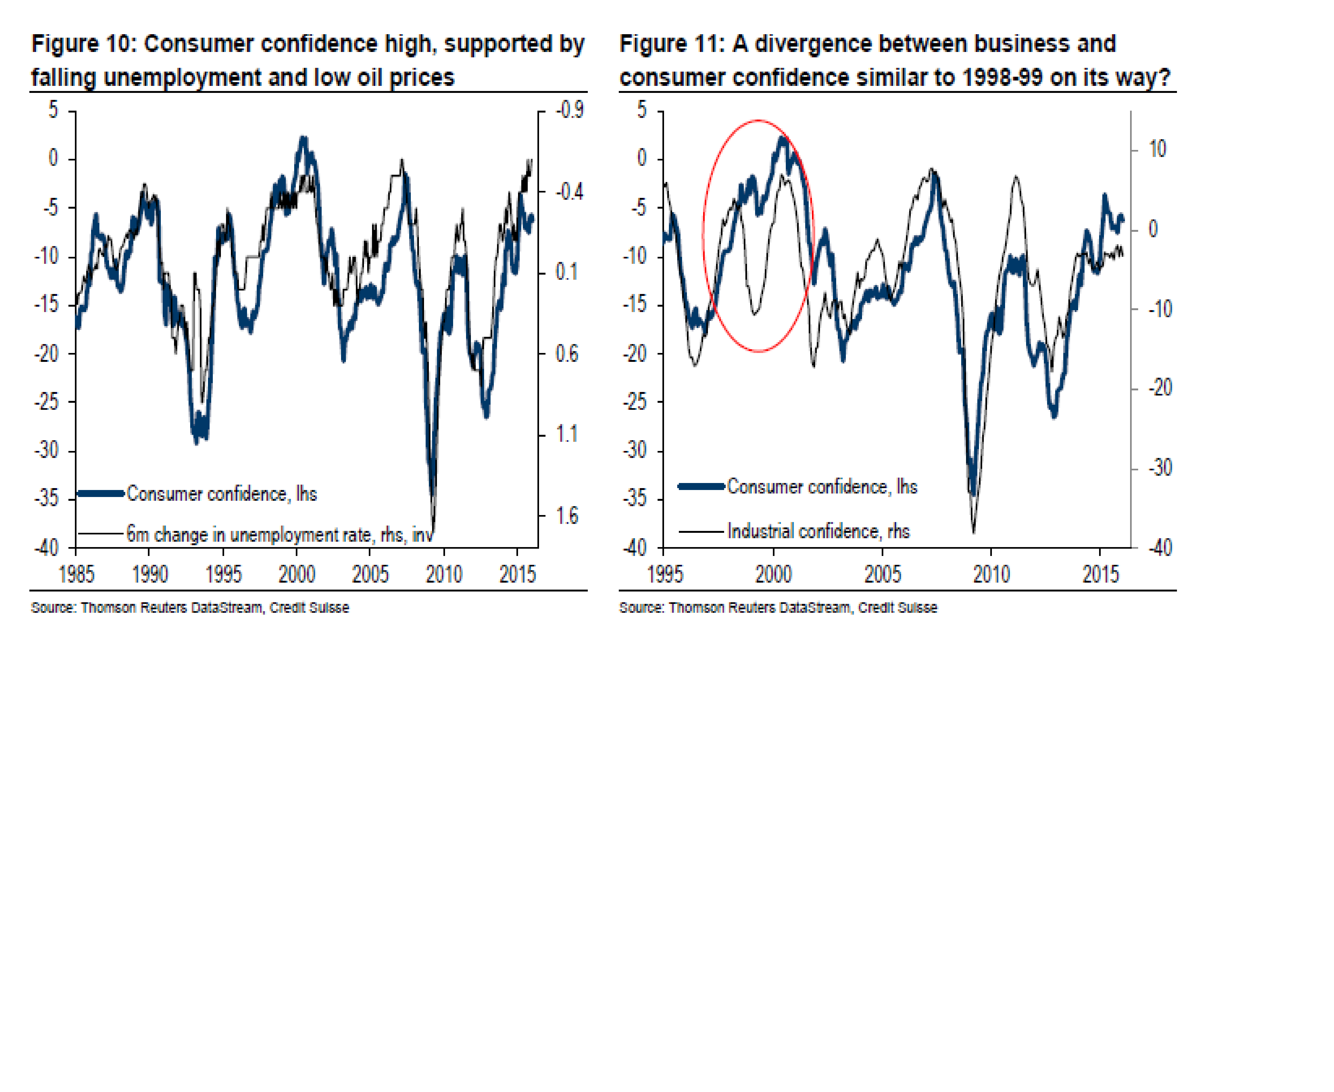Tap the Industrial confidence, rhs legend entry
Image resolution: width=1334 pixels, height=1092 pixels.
pos(818,531)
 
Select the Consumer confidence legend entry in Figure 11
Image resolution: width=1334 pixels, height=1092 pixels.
pos(822,486)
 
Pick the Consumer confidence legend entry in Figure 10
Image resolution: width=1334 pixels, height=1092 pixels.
pos(221,494)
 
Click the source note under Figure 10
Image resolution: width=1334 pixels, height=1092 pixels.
pos(190,608)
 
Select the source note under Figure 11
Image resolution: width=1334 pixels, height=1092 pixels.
pos(778,608)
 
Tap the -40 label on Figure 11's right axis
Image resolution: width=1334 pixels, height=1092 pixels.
pos(1160,548)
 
